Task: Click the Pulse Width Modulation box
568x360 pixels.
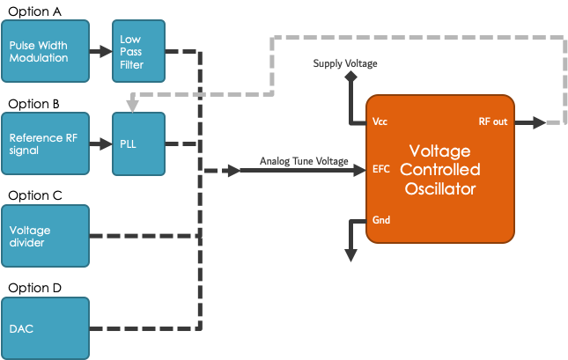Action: pos(46,50)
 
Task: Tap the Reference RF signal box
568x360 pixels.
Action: pos(46,143)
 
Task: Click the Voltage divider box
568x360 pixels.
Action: pos(46,236)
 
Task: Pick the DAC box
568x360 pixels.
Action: pos(46,328)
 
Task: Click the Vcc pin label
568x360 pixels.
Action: pos(380,121)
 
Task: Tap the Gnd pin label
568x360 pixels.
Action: pos(381,219)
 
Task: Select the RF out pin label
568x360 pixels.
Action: pos(492,121)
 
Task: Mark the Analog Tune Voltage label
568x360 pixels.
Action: pos(304,161)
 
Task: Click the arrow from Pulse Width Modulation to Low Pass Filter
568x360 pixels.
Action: pos(100,50)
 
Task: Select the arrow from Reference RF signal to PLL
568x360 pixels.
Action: pos(100,143)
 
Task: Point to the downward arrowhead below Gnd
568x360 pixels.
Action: pos(350,254)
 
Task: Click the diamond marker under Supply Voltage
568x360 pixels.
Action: pos(350,77)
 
